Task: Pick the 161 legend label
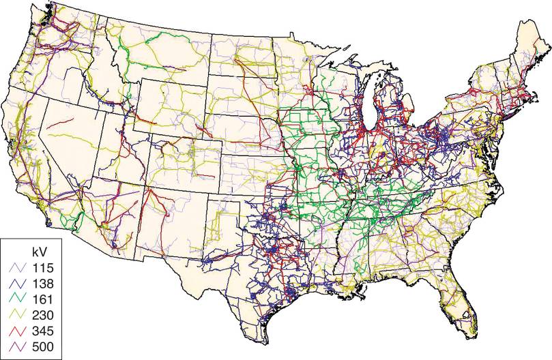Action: click(x=42, y=298)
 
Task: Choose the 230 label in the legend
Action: click(x=42, y=314)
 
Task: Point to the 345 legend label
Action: click(x=42, y=331)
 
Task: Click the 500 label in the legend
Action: click(x=42, y=347)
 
